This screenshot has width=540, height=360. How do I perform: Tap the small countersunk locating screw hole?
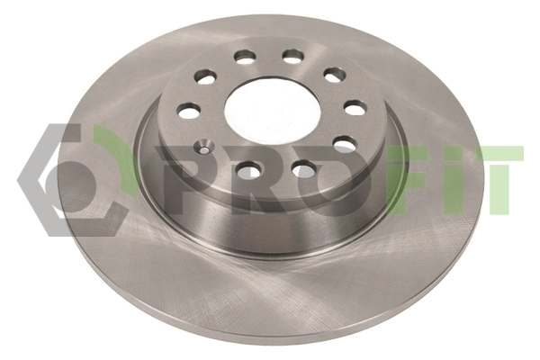(x=203, y=148)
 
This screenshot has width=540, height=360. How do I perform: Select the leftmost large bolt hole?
(x=189, y=110)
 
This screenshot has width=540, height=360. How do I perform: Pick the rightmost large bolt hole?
(x=355, y=108)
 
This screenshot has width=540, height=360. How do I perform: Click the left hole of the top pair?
(x=245, y=58)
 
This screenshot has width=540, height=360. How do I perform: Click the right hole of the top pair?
(x=293, y=56)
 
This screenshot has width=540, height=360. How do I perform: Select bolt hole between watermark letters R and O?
(x=304, y=169)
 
